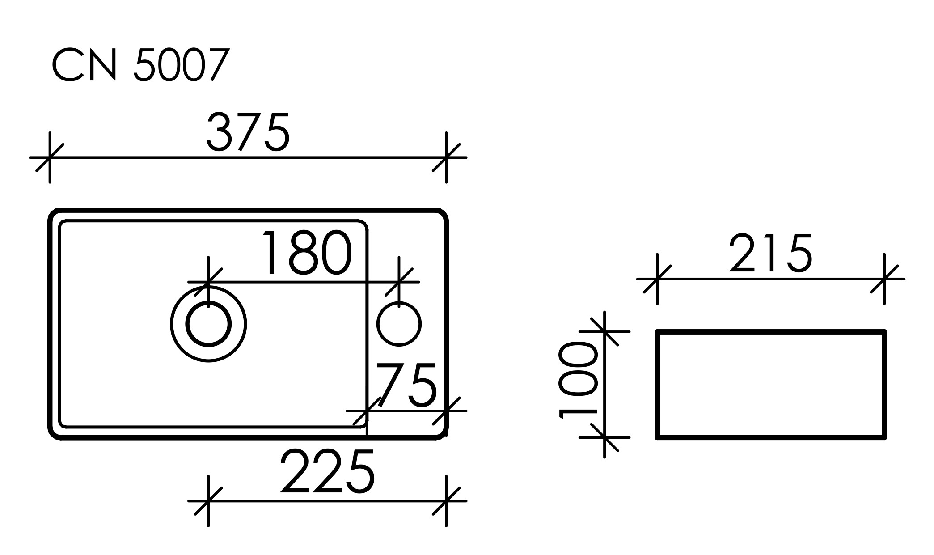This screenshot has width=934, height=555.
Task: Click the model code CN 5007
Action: [141, 65]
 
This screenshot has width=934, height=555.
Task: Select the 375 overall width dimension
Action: [248, 132]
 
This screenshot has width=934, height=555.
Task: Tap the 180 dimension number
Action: [307, 253]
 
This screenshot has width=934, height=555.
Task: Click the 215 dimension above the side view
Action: [770, 253]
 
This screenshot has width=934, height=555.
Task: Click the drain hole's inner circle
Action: [208, 324]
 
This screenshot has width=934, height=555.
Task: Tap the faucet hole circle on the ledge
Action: [399, 324]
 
